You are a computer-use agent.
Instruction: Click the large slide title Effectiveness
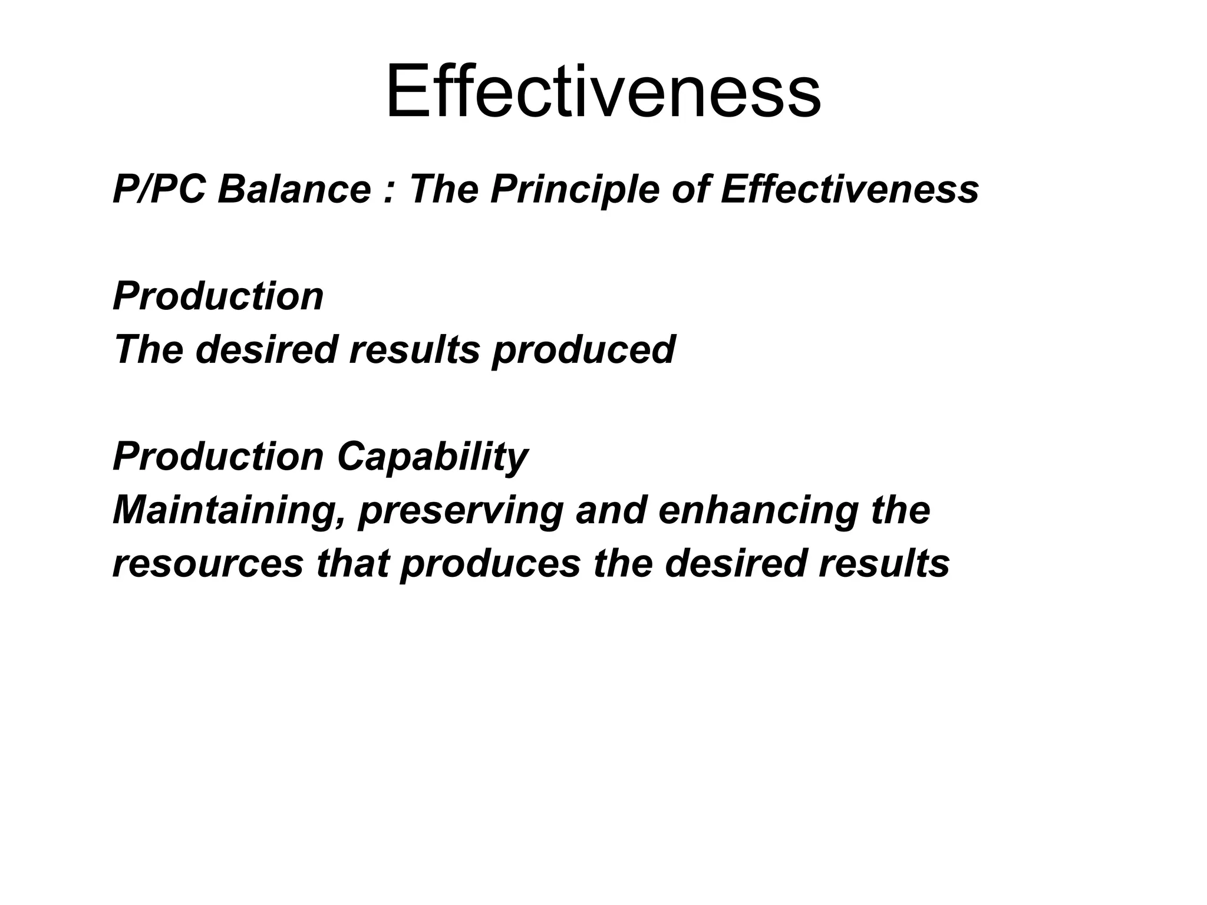603,93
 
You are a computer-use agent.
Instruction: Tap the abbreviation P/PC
159,190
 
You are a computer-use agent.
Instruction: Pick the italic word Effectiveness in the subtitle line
849,190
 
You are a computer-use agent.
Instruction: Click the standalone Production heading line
218,296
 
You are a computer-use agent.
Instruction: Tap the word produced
583,350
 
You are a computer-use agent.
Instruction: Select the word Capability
433,457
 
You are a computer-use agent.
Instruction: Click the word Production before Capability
218,457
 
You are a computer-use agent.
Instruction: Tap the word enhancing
758,510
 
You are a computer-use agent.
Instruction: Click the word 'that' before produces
352,563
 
